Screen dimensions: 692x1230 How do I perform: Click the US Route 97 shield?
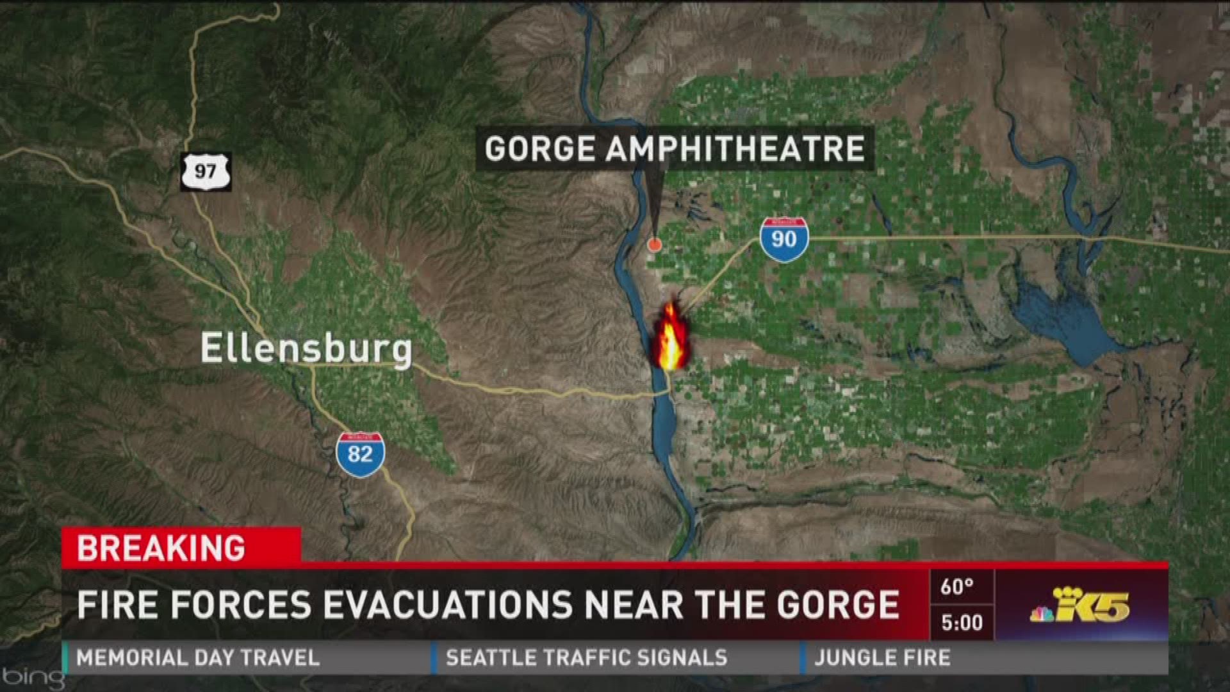click(206, 172)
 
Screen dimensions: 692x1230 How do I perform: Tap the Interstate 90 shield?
click(784, 240)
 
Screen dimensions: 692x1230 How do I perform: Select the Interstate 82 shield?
click(360, 454)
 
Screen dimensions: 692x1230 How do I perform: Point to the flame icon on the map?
click(670, 336)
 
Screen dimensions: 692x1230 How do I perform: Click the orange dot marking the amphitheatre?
click(654, 244)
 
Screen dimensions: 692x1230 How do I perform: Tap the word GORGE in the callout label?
click(539, 149)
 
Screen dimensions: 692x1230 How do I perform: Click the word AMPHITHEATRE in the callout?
click(735, 149)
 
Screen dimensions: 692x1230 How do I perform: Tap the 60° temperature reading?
click(957, 586)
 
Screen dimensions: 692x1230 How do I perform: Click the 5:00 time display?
click(962, 622)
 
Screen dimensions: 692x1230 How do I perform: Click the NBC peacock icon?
click(1042, 613)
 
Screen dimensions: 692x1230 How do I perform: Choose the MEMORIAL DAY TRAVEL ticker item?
click(198, 658)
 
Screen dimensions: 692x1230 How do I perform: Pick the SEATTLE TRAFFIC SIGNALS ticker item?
click(586, 658)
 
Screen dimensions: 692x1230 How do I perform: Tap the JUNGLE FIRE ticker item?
click(882, 658)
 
